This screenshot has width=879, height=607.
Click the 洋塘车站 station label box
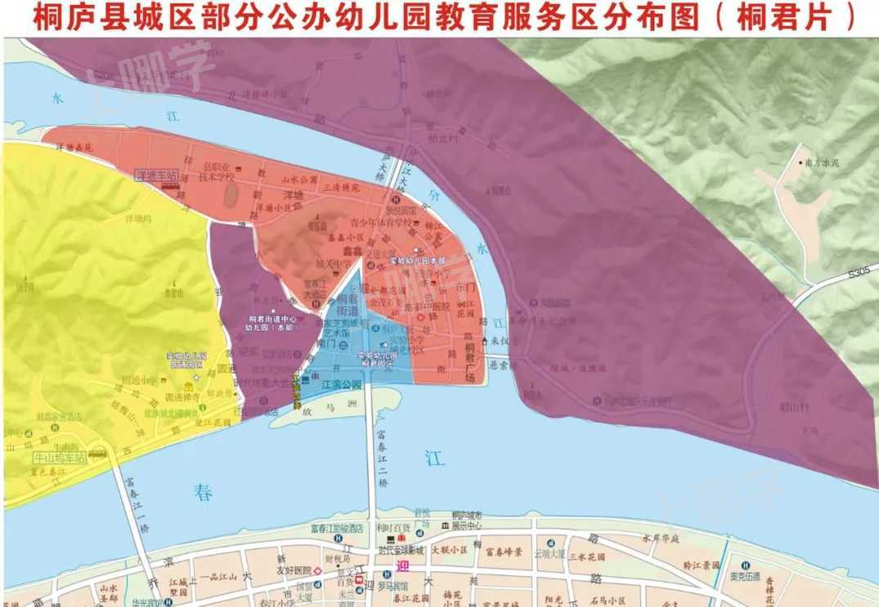point(156,175)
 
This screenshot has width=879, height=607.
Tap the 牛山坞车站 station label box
point(61,457)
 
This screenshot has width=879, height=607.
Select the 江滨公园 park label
point(342,383)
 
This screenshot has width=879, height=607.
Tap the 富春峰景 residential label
point(504,552)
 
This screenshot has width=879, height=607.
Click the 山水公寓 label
point(299,179)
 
